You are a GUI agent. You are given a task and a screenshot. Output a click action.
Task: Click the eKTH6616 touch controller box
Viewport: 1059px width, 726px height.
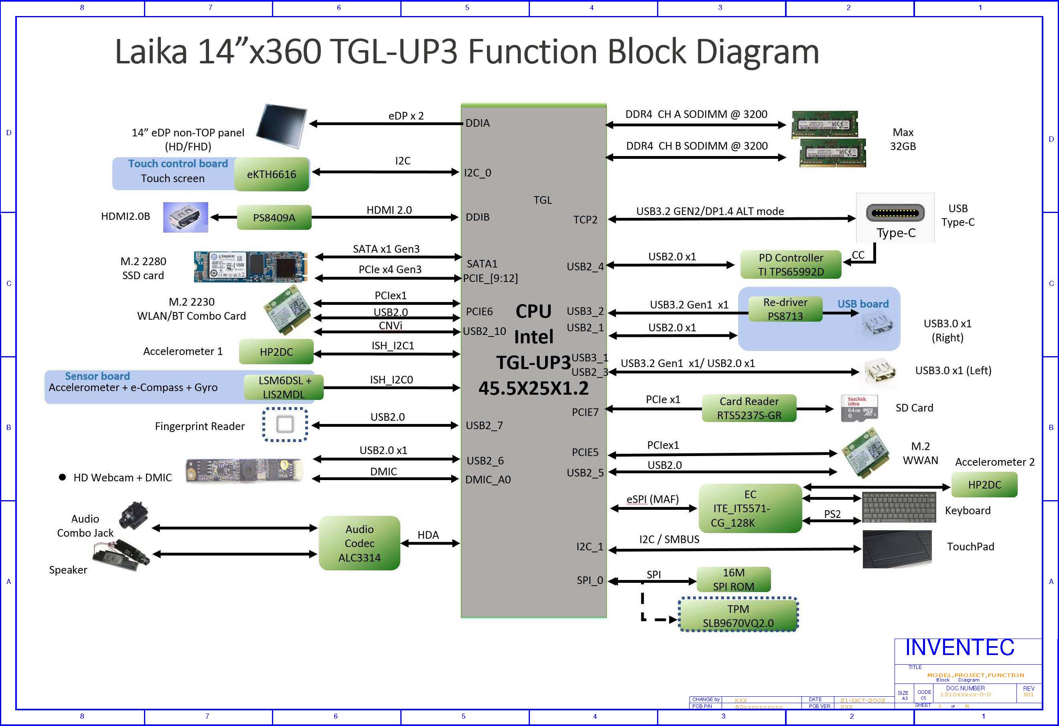tap(272, 174)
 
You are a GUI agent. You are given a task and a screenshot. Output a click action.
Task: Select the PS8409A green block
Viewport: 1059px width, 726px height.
tap(274, 217)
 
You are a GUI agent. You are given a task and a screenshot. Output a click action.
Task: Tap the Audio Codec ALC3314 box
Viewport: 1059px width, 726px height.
tap(359, 543)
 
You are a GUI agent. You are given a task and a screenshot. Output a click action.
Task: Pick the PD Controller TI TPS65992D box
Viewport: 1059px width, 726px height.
tap(791, 264)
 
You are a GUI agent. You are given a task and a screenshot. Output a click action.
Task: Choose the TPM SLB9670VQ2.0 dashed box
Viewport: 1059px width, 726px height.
tap(738, 615)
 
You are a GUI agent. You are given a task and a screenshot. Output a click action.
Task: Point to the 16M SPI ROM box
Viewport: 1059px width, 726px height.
tap(733, 579)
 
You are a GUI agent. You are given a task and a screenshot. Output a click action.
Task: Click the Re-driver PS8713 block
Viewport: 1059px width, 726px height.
tap(785, 309)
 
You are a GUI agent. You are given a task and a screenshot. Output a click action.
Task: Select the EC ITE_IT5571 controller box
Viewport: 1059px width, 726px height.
tap(750, 508)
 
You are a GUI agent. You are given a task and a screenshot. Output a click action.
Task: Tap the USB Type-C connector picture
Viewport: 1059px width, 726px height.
tap(895, 213)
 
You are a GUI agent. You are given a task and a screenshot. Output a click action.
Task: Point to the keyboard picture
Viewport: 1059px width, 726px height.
tap(899, 507)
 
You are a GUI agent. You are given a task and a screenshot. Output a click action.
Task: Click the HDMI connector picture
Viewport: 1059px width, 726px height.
tap(185, 217)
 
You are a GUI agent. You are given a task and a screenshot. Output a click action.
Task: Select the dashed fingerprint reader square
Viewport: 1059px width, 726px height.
tap(285, 425)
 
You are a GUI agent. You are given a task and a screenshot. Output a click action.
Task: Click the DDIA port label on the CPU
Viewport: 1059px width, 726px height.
tap(477, 123)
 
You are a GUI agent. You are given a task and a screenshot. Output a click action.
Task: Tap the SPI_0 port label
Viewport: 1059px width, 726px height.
tap(590, 580)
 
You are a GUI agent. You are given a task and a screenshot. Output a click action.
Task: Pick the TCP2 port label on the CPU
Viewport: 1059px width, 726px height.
tap(585, 220)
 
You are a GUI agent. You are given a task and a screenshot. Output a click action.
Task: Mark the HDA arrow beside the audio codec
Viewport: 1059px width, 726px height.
tap(430, 543)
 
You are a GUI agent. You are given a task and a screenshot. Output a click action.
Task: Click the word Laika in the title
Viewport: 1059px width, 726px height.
tap(151, 51)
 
